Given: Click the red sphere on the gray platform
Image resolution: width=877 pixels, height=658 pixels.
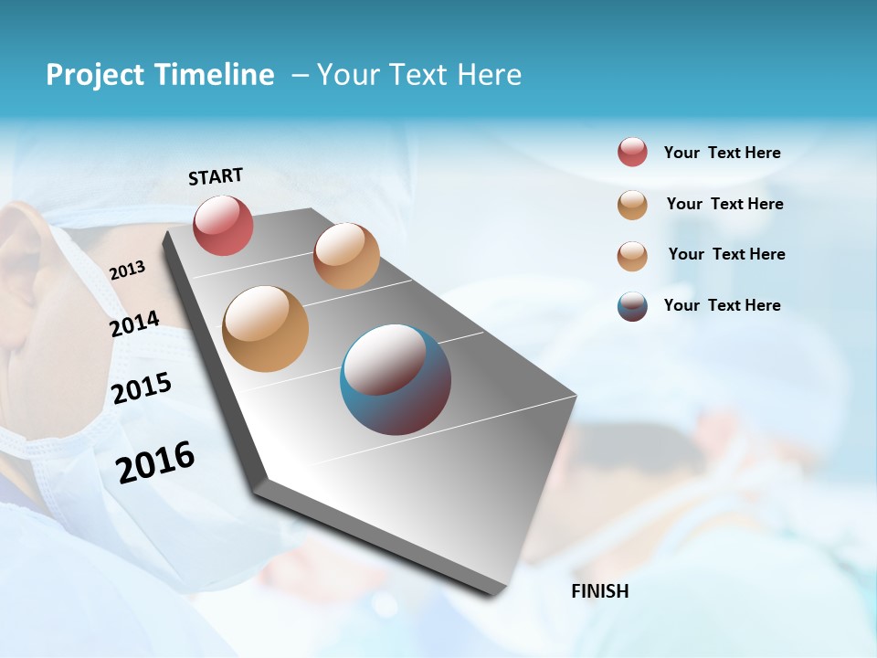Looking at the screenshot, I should click(223, 226).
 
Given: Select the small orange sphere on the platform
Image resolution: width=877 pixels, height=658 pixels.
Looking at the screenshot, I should click(346, 256).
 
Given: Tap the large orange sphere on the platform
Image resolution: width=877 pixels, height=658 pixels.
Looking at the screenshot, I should click(266, 329).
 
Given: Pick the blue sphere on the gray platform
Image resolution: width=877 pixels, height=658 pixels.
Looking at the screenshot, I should click(396, 379).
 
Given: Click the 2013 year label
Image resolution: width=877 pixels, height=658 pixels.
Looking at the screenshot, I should click(127, 271).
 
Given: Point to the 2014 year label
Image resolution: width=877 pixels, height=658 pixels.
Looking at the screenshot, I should click(134, 324).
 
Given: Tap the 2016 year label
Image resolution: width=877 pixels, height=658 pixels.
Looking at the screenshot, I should click(155, 462).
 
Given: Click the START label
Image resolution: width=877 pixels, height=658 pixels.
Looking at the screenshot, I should click(216, 176).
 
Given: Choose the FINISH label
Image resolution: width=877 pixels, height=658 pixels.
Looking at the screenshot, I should click(600, 591).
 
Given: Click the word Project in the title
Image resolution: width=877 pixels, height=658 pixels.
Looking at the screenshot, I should click(95, 75).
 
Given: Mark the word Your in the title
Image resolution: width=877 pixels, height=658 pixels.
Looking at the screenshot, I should click(345, 75).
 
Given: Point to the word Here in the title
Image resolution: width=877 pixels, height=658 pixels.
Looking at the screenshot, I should click(489, 75).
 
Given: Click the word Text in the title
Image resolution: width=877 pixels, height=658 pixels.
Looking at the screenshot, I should click(415, 75).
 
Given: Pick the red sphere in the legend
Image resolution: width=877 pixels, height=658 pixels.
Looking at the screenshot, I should click(632, 153).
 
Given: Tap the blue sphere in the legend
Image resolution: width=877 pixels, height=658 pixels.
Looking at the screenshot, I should click(632, 306).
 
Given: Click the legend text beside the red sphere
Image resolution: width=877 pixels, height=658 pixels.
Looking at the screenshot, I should click(722, 154).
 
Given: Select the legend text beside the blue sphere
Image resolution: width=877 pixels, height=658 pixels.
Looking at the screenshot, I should click(722, 305).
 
